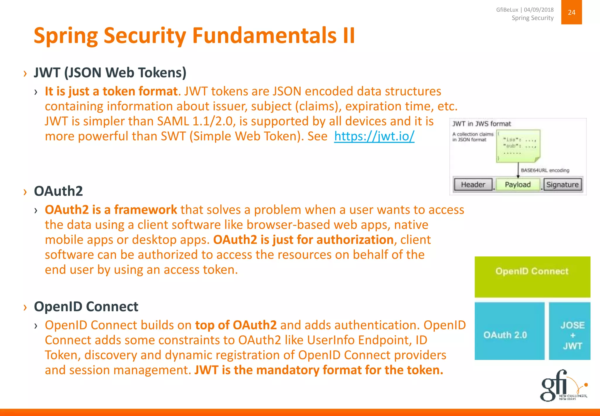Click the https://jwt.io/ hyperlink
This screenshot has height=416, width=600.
[374, 136]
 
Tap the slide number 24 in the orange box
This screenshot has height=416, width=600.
[571, 12]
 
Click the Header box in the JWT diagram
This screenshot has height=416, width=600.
[473, 185]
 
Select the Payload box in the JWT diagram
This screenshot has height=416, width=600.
[518, 185]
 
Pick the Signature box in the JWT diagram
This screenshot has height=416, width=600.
[562, 185]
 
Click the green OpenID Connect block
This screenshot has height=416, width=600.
[532, 276]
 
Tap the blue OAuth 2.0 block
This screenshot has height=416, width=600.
[509, 331]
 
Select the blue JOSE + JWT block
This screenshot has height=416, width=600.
[570, 331]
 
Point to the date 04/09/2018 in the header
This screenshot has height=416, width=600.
[538, 10]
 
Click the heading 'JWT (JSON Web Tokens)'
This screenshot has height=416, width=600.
[110, 72]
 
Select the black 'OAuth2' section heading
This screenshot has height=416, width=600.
[58, 191]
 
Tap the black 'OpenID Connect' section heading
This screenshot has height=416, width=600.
[86, 307]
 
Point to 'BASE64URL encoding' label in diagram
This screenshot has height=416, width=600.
[545, 170]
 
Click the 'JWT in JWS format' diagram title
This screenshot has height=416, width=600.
[481, 124]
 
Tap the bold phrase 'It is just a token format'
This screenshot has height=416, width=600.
[111, 91]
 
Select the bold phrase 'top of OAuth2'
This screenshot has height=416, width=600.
[236, 325]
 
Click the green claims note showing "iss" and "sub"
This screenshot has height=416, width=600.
[518, 146]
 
